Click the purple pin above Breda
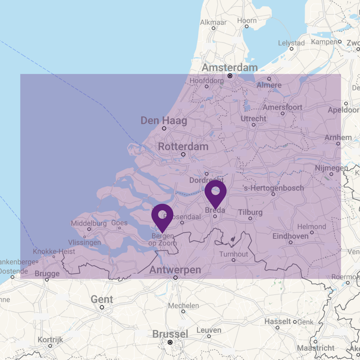click(216, 192)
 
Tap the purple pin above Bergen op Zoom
click(162, 215)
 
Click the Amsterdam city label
click(230, 67)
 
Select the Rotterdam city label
click(183, 147)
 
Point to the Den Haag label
click(164, 121)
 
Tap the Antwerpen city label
click(175, 270)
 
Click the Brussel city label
click(170, 334)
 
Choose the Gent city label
click(102, 300)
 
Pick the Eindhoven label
click(290, 236)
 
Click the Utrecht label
click(253, 118)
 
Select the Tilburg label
click(250, 212)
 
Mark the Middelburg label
click(89, 223)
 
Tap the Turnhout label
click(234, 254)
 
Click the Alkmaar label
click(213, 22)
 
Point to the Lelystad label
click(291, 43)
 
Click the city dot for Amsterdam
click(230, 76)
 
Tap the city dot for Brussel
click(170, 342)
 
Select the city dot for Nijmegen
click(331, 174)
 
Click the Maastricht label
click(316, 348)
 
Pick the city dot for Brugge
click(47, 280)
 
